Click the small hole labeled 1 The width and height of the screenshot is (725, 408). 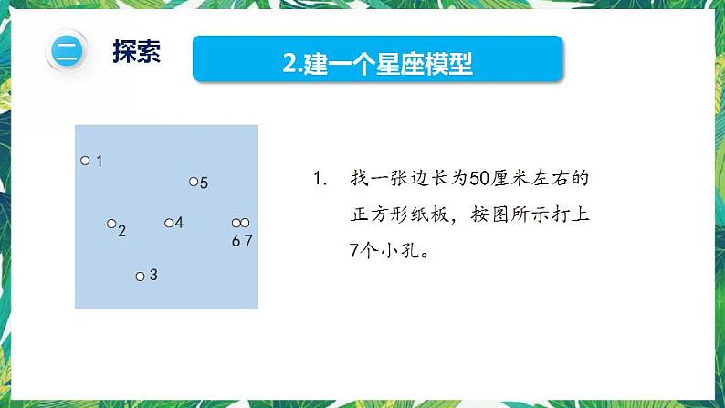85,161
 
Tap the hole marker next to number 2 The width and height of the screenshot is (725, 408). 111,224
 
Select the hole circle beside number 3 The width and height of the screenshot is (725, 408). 140,277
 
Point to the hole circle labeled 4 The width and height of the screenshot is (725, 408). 169,224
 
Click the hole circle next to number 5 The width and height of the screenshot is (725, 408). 194,182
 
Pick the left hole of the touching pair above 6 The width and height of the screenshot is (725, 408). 236,223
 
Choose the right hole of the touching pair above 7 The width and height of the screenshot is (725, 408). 245,223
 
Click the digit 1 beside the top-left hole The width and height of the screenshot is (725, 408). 99,161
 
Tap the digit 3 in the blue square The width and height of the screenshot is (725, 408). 153,275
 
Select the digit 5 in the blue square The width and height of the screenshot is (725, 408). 204,183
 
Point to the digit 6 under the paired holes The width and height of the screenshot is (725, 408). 236,241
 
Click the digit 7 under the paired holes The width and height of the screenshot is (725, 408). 248,241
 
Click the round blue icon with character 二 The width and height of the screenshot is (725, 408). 67,51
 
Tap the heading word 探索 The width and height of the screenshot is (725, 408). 137,51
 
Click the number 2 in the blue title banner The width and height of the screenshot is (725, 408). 289,63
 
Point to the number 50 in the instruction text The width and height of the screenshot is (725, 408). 479,178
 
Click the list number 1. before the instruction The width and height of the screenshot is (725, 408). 320,178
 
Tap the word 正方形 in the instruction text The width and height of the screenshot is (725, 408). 380,214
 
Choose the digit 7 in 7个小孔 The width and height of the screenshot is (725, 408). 354,251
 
